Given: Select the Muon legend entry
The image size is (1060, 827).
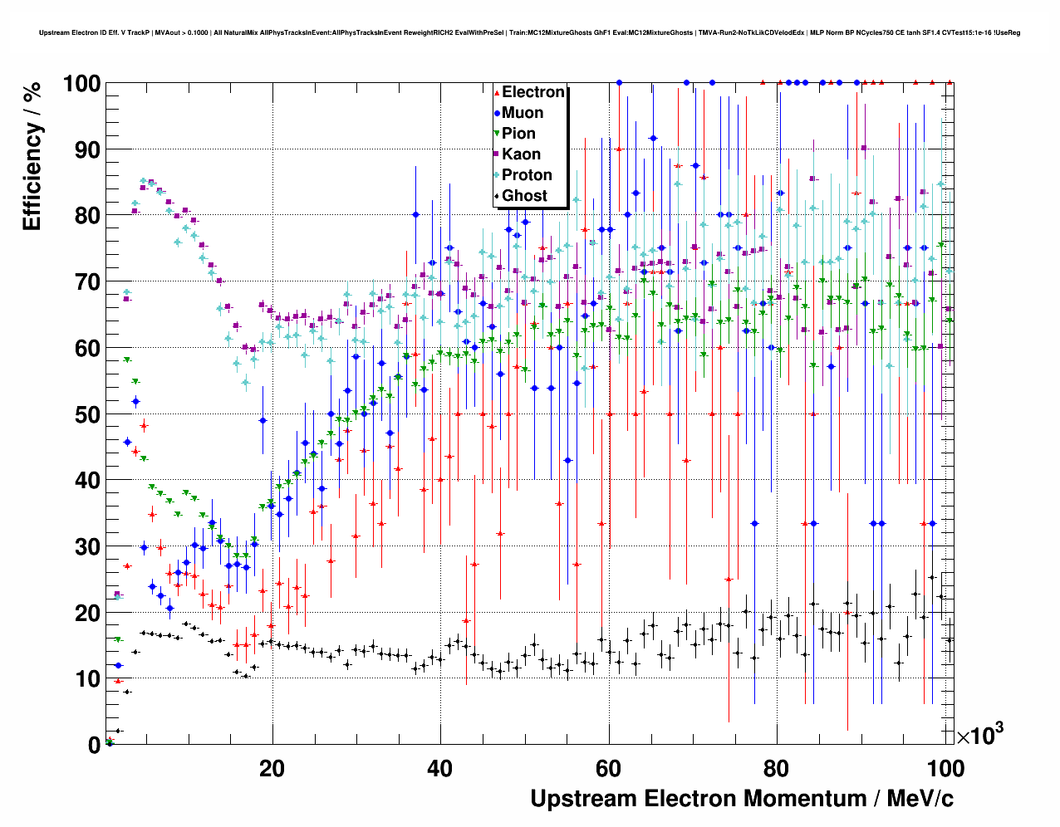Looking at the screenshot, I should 523,113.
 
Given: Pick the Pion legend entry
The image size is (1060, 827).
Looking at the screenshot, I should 518,134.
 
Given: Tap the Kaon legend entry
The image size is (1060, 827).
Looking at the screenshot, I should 521,154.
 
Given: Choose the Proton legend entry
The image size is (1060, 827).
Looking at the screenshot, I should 527,175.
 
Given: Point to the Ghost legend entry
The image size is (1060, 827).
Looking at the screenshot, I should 524,196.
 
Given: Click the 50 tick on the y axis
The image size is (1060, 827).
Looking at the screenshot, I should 87,414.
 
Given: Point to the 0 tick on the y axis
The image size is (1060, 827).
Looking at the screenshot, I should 94,745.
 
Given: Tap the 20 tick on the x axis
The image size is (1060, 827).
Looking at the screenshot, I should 272,768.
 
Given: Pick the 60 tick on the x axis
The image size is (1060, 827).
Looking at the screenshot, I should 608,768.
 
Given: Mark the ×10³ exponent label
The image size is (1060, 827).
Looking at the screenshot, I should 979,735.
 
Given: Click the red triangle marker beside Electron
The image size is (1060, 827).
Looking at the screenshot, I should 497,93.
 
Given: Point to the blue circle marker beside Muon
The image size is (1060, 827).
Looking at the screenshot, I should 497,114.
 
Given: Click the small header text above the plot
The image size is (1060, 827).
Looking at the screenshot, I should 530,33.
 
